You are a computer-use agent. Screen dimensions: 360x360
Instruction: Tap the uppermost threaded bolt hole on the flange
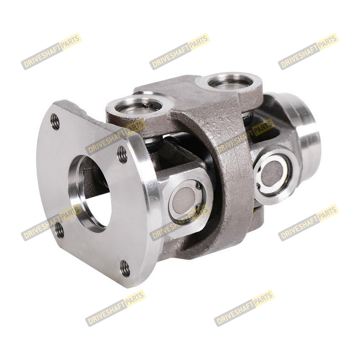[x=55, y=122]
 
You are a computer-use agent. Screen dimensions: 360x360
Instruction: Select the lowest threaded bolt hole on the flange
[x=125, y=269]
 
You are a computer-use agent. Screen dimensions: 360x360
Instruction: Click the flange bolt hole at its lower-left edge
[x=60, y=230]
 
